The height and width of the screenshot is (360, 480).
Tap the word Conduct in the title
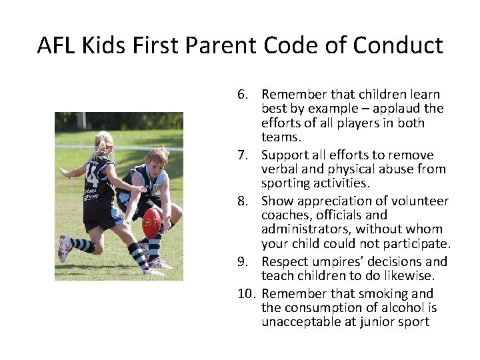point(398,45)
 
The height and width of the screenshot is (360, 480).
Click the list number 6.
point(243,95)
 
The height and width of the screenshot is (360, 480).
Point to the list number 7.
point(243,155)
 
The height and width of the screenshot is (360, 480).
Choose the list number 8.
point(243,201)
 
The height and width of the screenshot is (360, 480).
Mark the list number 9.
point(243,261)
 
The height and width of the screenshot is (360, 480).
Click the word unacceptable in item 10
point(303,322)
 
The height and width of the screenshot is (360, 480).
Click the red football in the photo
point(152,221)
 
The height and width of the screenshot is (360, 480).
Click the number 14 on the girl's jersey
point(91,179)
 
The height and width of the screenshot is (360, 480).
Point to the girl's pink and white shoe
point(65,247)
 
